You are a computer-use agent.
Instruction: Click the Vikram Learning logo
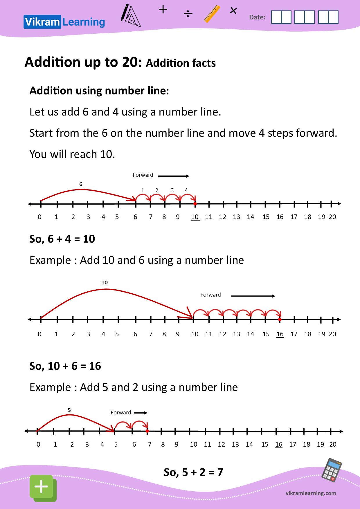pyautogui.click(x=64, y=22)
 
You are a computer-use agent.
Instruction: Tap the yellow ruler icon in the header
pyautogui.click(x=212, y=14)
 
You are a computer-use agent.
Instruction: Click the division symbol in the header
pyautogui.click(x=188, y=14)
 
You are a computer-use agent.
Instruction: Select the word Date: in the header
pyautogui.click(x=257, y=17)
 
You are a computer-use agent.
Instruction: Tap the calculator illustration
pyautogui.click(x=332, y=470)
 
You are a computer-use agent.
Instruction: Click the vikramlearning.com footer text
pyautogui.click(x=311, y=493)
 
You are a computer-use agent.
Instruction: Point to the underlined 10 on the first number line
pyautogui.click(x=195, y=217)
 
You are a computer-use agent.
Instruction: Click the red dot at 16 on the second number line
pyautogui.click(x=280, y=320)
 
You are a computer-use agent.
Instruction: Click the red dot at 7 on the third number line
pyautogui.click(x=147, y=431)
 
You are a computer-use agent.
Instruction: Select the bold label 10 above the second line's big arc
pyautogui.click(x=105, y=283)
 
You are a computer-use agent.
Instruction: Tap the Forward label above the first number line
pyautogui.click(x=143, y=175)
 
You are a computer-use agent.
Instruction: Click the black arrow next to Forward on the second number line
pyautogui.click(x=253, y=296)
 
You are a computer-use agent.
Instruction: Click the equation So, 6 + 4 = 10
pyautogui.click(x=62, y=239)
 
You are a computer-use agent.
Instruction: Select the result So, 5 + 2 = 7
pyautogui.click(x=193, y=472)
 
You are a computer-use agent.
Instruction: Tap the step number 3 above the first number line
pyautogui.click(x=172, y=190)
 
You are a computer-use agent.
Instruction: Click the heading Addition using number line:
pyautogui.click(x=99, y=91)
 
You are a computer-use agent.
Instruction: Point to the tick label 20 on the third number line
pyautogui.click(x=333, y=445)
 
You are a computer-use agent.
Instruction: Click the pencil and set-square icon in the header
pyautogui.click(x=130, y=16)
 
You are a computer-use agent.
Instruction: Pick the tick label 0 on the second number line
pyautogui.click(x=39, y=334)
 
